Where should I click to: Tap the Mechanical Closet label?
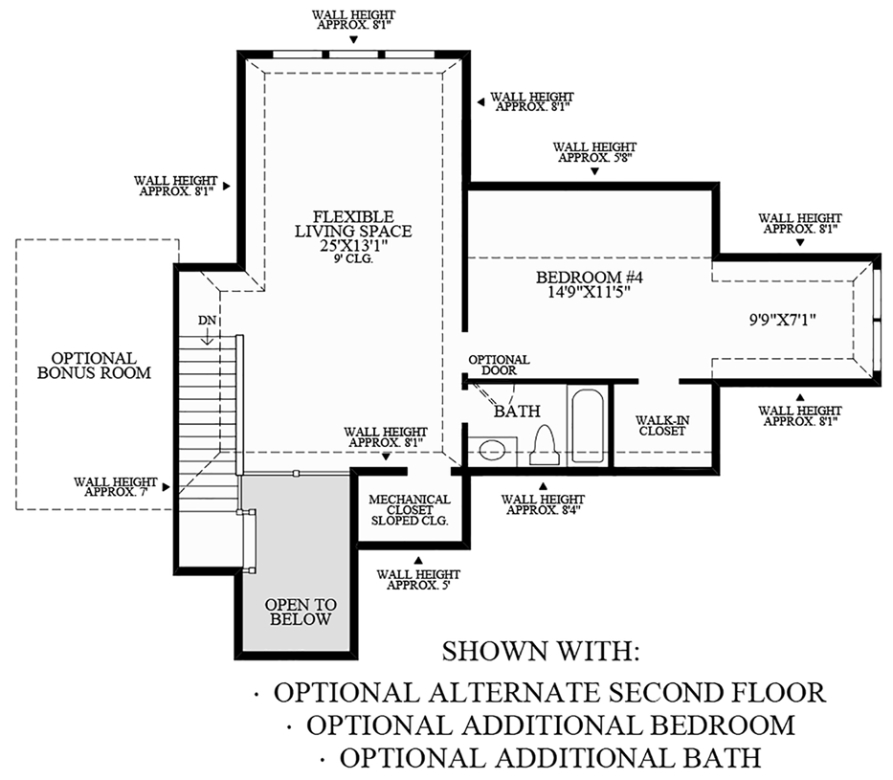click(x=410, y=510)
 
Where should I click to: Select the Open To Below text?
click(x=299, y=612)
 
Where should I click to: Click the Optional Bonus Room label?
click(x=94, y=366)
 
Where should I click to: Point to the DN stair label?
click(x=208, y=319)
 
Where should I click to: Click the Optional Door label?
click(x=498, y=367)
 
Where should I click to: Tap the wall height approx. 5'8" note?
click(x=594, y=153)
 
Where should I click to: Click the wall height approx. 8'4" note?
click(x=543, y=505)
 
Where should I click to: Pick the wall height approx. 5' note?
click(x=418, y=580)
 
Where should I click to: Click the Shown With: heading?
click(x=539, y=653)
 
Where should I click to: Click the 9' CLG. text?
click(x=353, y=258)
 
